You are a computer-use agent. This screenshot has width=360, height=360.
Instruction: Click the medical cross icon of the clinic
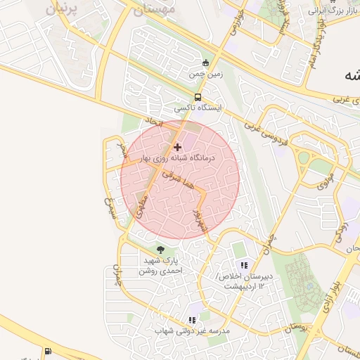176,147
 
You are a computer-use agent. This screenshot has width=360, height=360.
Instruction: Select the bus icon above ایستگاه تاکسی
198,98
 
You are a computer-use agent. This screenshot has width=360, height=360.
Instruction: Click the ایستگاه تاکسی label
198,109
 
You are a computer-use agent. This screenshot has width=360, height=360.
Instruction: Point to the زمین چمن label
205,73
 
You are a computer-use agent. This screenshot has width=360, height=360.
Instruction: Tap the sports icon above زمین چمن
205,62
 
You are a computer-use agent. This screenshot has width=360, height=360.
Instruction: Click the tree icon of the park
161,249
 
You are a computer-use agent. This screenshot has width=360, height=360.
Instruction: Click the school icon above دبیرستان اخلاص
244,265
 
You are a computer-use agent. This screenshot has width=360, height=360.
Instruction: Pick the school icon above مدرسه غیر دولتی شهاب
192,320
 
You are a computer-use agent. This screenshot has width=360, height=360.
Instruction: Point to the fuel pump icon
47,352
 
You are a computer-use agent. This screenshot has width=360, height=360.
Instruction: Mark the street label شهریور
199,219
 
